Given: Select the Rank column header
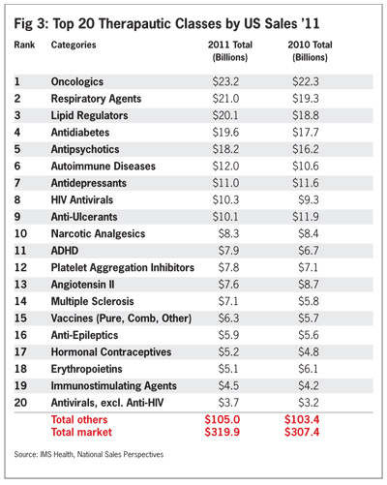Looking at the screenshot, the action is pyautogui.click(x=24, y=45).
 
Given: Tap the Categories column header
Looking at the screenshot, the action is pyautogui.click(x=74, y=45).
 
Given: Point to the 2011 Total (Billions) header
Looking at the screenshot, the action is pyautogui.click(x=230, y=51).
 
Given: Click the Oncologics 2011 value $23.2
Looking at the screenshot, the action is pyautogui.click(x=225, y=81).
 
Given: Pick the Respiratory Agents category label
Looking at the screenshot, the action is pyautogui.click(x=96, y=99).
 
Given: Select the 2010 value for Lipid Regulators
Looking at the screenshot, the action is pyautogui.click(x=306, y=115).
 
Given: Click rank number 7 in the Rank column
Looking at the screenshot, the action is pyautogui.click(x=17, y=183).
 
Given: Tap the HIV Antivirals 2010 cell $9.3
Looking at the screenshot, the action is pyautogui.click(x=309, y=200).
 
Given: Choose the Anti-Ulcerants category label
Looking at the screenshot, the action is pyautogui.click(x=84, y=217).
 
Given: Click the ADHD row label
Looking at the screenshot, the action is pyautogui.click(x=65, y=251).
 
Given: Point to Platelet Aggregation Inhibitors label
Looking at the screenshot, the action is pyautogui.click(x=123, y=268).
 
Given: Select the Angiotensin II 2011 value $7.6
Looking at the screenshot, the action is pyautogui.click(x=228, y=285).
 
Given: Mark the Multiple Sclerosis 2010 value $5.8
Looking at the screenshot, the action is pyautogui.click(x=309, y=301).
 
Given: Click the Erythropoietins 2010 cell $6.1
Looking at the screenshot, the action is pyautogui.click(x=308, y=369).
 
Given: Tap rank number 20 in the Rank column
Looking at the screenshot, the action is pyautogui.click(x=20, y=403).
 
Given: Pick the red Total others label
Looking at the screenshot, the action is pyautogui.click(x=79, y=419).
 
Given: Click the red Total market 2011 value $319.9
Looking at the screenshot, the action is pyautogui.click(x=223, y=432).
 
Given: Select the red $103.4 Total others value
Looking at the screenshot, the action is pyautogui.click(x=302, y=419).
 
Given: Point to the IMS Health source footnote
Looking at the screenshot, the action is pyautogui.click(x=89, y=455).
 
